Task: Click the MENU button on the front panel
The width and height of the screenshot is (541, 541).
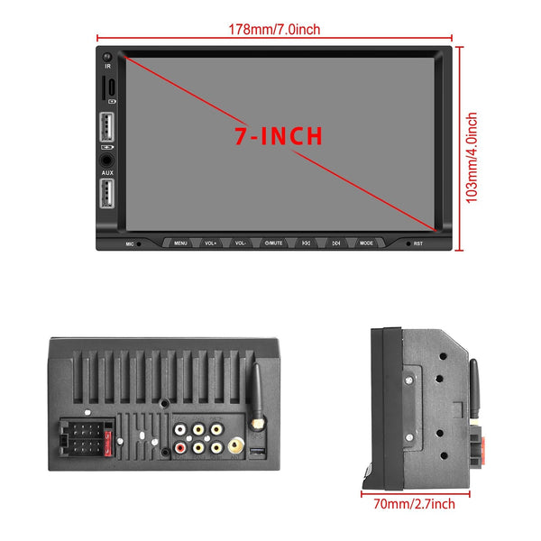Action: tap(181, 243)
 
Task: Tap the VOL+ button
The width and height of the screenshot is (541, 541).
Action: tap(211, 243)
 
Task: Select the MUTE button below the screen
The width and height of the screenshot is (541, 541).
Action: tap(274, 243)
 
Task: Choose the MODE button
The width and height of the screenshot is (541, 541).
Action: tap(366, 243)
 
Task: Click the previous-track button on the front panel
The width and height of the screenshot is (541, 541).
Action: tap(306, 243)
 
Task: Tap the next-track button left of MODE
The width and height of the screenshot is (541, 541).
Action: tap(335, 243)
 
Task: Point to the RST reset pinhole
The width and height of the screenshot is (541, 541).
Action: tap(407, 243)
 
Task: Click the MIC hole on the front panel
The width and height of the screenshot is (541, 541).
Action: tap(138, 243)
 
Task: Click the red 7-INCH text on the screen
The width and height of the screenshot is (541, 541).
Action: tap(278, 137)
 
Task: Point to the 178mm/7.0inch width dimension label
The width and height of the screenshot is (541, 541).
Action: tap(274, 30)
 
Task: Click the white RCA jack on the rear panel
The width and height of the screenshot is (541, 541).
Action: tap(197, 448)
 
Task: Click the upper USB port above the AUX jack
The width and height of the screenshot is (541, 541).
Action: tap(107, 124)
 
